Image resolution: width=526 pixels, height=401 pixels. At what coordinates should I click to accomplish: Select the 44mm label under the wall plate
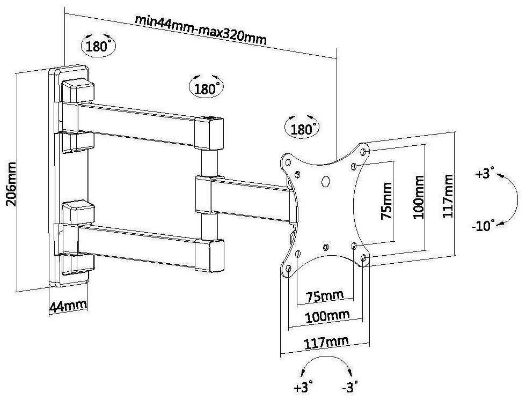68,307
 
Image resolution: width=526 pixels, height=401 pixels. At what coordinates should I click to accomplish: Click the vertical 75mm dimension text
385,201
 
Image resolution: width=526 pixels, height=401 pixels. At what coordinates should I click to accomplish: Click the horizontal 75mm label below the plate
325,296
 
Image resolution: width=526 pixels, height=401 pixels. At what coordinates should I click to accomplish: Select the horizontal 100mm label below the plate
327,317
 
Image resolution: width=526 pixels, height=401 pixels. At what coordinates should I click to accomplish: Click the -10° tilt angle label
483,226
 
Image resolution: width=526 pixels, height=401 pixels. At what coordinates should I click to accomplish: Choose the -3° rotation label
349,385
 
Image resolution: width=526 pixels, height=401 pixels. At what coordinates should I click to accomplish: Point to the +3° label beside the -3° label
303,385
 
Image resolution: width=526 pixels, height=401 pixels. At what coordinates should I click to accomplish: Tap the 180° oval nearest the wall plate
98,46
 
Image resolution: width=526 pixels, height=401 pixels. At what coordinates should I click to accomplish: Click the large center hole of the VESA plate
325,181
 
